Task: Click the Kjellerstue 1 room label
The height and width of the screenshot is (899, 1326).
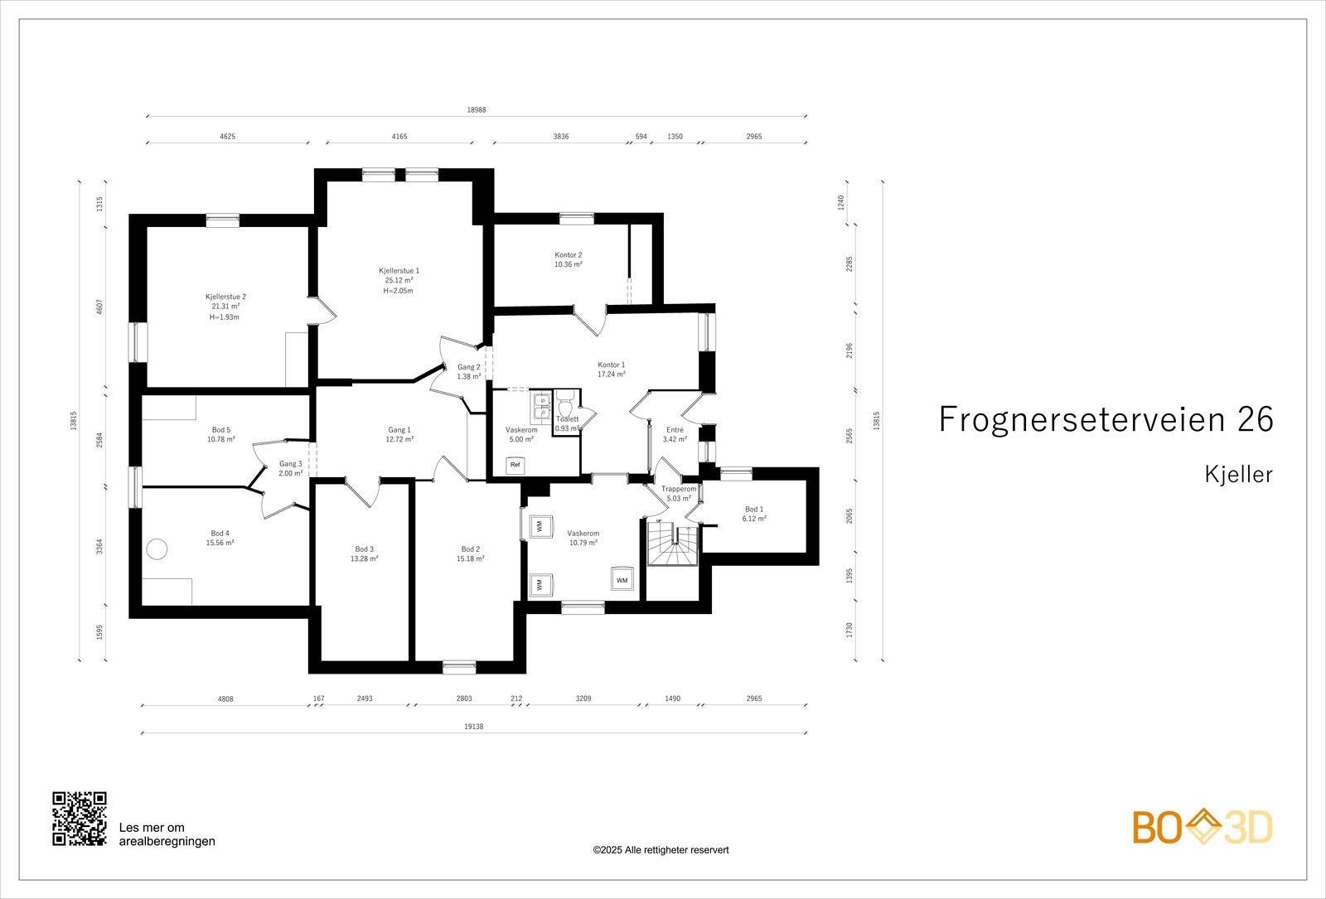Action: [x=399, y=271]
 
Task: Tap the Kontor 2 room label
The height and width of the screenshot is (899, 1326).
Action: [x=569, y=255]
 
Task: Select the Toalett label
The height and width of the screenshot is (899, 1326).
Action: [x=567, y=419]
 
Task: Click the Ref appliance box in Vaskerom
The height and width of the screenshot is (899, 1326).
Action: [x=515, y=465]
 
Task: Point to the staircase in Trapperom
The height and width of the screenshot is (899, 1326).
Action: [x=673, y=544]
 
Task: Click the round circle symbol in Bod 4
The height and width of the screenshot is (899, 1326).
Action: [x=157, y=549]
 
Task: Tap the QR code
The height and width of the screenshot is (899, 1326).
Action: [x=80, y=819]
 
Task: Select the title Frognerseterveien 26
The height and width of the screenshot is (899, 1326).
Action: [x=1106, y=419]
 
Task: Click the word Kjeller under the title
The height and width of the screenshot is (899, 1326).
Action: [x=1238, y=474]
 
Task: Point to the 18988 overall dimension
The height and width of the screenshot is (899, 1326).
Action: [x=477, y=110]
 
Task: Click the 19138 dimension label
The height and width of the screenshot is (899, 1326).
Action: [x=473, y=727]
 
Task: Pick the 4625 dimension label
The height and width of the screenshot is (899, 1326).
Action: [x=227, y=137]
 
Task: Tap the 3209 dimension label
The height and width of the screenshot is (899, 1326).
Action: [x=583, y=699]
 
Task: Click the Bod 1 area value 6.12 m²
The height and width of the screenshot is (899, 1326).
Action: [x=754, y=519]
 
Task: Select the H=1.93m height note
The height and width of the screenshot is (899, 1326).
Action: [x=225, y=317]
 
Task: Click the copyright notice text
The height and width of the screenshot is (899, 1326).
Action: [x=661, y=850]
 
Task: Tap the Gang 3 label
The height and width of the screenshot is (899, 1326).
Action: [x=291, y=464]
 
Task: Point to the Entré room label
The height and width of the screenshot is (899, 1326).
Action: [x=675, y=430]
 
